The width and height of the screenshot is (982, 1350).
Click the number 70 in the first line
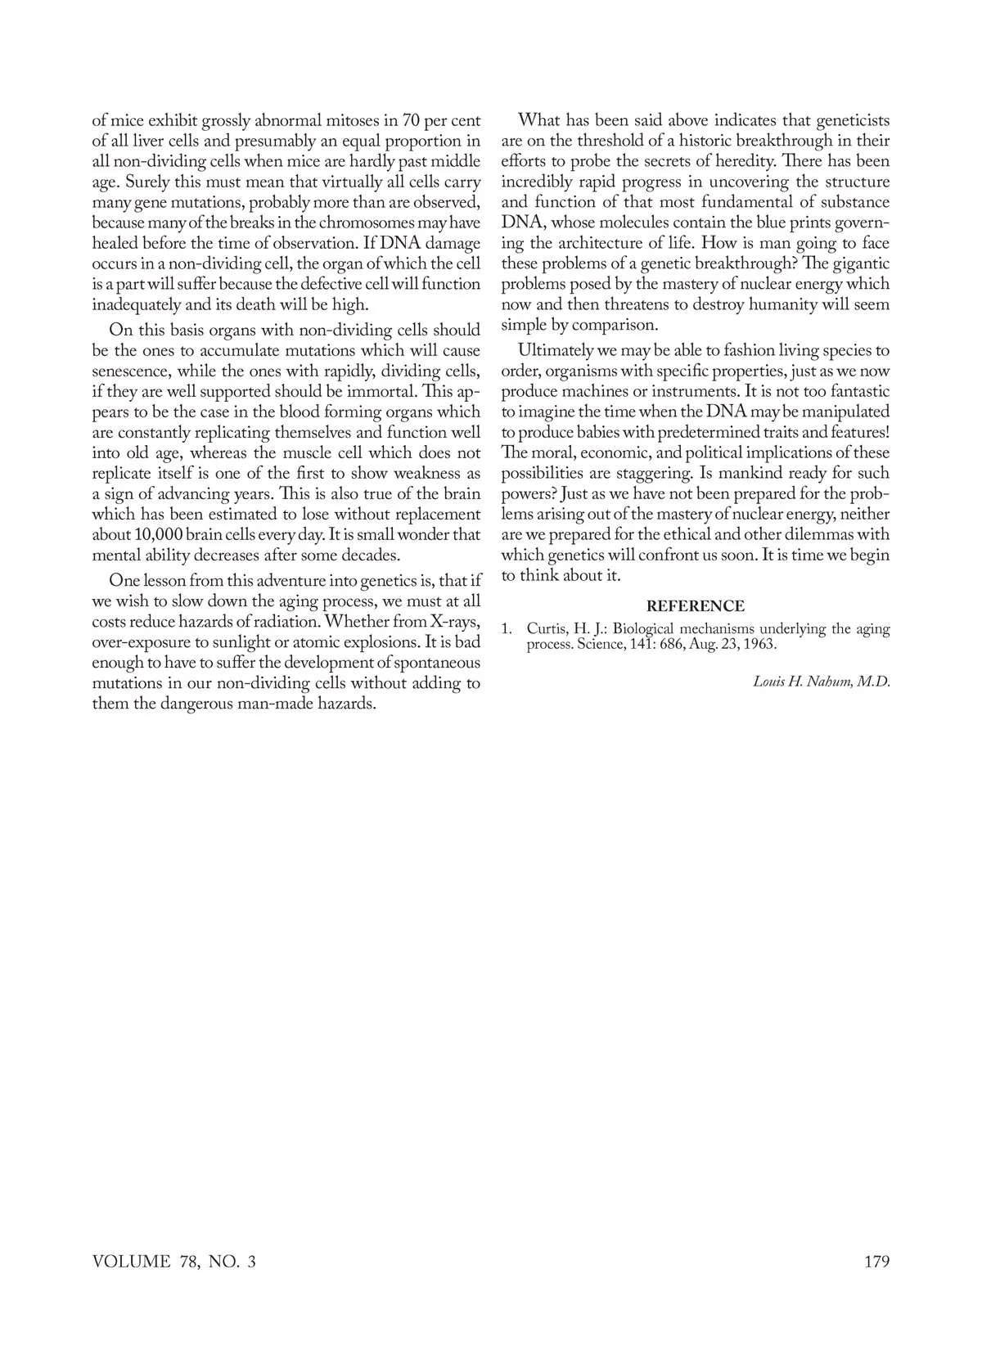pyautogui.click(x=412, y=120)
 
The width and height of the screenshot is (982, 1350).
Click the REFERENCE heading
pyautogui.click(x=695, y=606)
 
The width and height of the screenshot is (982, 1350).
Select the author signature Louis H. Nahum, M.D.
pyautogui.click(x=821, y=682)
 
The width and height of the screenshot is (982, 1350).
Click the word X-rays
pyautogui.click(x=454, y=621)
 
